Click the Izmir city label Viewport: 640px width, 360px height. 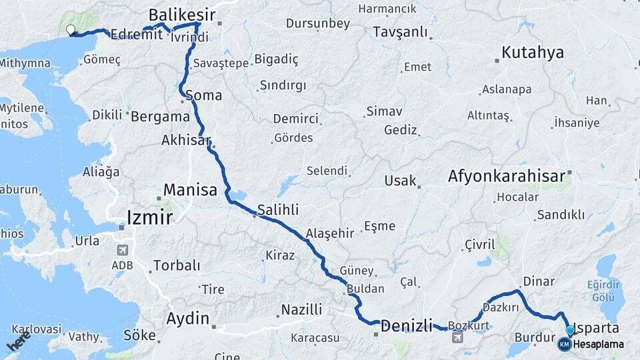pos(150,217)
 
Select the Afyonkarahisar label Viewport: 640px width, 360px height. pos(507,177)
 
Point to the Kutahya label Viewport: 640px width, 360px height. pos(533,53)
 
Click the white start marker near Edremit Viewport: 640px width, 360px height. pos(71,29)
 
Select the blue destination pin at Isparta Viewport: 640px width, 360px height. pos(570,331)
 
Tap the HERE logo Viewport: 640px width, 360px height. pos(19,341)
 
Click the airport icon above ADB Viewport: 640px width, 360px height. pos(122,250)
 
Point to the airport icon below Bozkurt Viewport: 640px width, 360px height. pos(458,338)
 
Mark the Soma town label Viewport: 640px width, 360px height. pos(203,95)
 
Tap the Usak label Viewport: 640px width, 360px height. pos(400,181)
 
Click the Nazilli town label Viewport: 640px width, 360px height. pos(301,309)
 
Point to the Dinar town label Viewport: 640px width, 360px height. pos(539,281)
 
